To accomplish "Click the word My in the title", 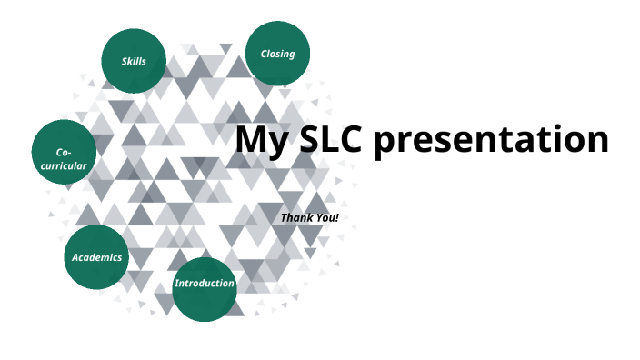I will [x=260, y=141].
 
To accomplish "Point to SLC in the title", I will [x=329, y=139].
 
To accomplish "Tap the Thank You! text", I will [x=309, y=218].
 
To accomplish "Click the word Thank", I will [x=297, y=218].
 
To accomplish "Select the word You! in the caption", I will [x=326, y=218].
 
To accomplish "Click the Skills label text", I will [x=134, y=61].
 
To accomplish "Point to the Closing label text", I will [x=277, y=54].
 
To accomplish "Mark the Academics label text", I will [x=96, y=257].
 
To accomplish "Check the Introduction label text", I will [x=205, y=284].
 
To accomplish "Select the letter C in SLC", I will [x=353, y=139].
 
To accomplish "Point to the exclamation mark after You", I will [x=336, y=218].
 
